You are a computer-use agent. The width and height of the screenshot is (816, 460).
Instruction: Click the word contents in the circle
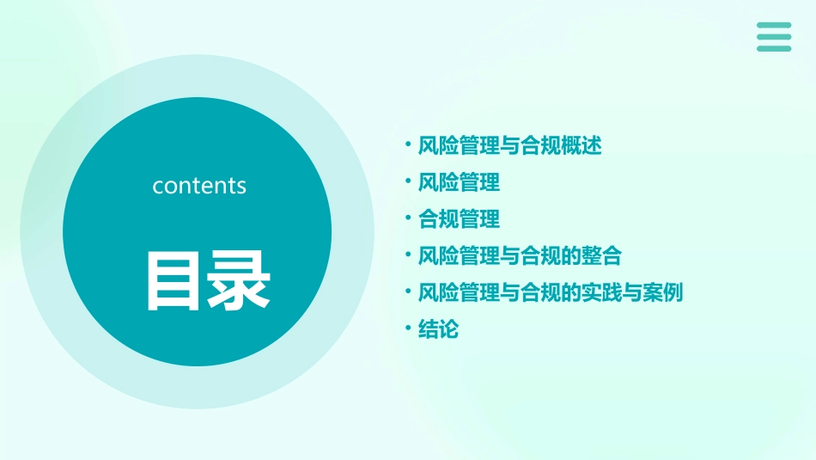pyautogui.click(x=199, y=186)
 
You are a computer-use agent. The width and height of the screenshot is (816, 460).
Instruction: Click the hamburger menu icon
pyautogui.click(x=774, y=37)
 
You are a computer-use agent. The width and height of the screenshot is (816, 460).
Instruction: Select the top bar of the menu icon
pyautogui.click(x=774, y=26)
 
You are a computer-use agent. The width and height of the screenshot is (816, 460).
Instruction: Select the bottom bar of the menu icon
pyautogui.click(x=774, y=48)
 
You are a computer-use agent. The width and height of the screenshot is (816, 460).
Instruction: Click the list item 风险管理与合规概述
pyautogui.click(x=509, y=145)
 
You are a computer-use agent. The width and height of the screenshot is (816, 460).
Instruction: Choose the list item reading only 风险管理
pyautogui.click(x=459, y=182)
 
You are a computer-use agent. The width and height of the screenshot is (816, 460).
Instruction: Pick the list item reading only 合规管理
pyautogui.click(x=459, y=219)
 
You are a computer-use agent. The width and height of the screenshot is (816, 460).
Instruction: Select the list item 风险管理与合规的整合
pyautogui.click(x=520, y=256)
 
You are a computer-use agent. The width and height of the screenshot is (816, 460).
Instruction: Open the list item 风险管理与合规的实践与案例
pyautogui.click(x=550, y=292)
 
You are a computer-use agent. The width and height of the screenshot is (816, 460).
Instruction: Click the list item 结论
pyautogui.click(x=438, y=329)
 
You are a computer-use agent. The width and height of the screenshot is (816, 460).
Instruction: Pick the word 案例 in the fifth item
pyautogui.click(x=662, y=292)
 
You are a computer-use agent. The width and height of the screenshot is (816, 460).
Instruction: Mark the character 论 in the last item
pyautogui.click(x=448, y=329)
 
